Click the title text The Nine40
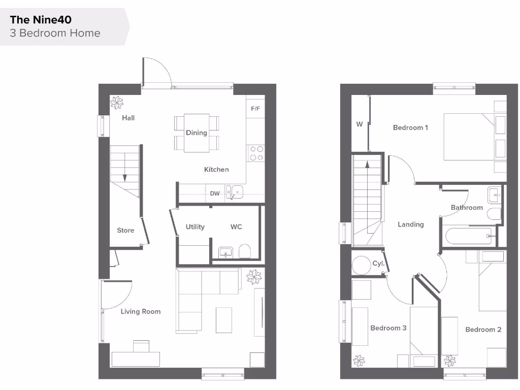(41, 20)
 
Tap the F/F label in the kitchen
(255, 109)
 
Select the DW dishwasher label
(215, 193)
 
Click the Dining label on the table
(196, 133)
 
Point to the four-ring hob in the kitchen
(256, 153)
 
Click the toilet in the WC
(245, 251)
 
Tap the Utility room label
(195, 226)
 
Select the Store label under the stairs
(125, 230)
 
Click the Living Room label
(140, 311)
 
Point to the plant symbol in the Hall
(117, 103)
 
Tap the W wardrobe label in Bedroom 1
(360, 124)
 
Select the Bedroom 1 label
(410, 127)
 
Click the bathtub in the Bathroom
(469, 236)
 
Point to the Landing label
(410, 224)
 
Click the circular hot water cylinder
(362, 265)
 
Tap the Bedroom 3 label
(388, 328)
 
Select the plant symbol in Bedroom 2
(449, 361)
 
